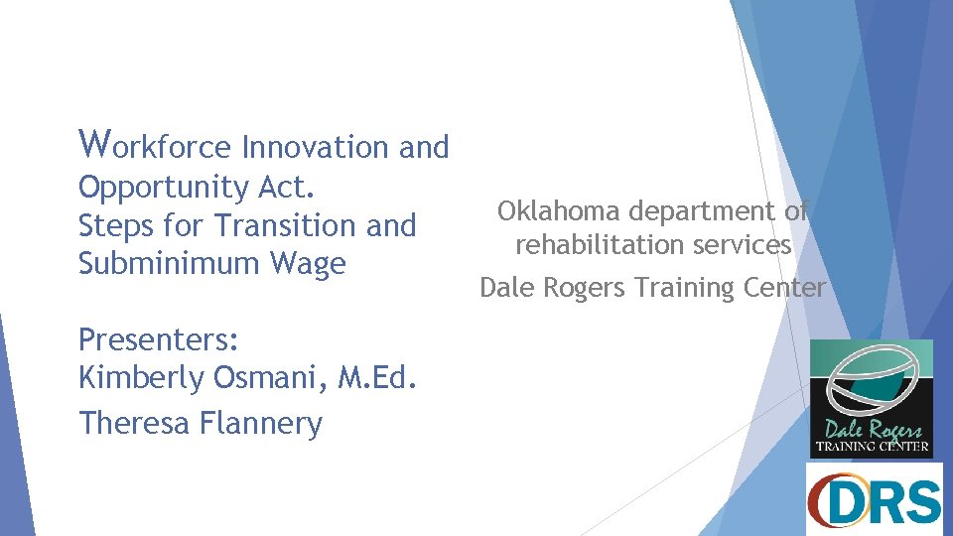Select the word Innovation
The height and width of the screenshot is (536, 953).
click(x=317, y=147)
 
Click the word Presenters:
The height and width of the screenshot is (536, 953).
click(x=159, y=340)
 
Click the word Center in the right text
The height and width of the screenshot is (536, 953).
click(x=784, y=288)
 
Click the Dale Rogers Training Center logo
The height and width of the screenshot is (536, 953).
click(x=872, y=398)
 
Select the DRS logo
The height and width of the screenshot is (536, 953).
click(x=874, y=499)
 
